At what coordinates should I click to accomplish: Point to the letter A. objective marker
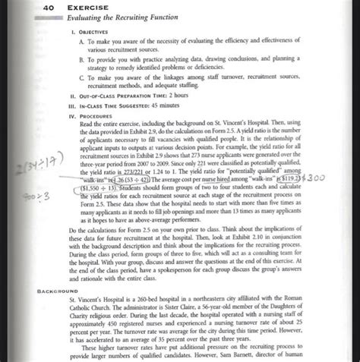[x=83, y=45]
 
